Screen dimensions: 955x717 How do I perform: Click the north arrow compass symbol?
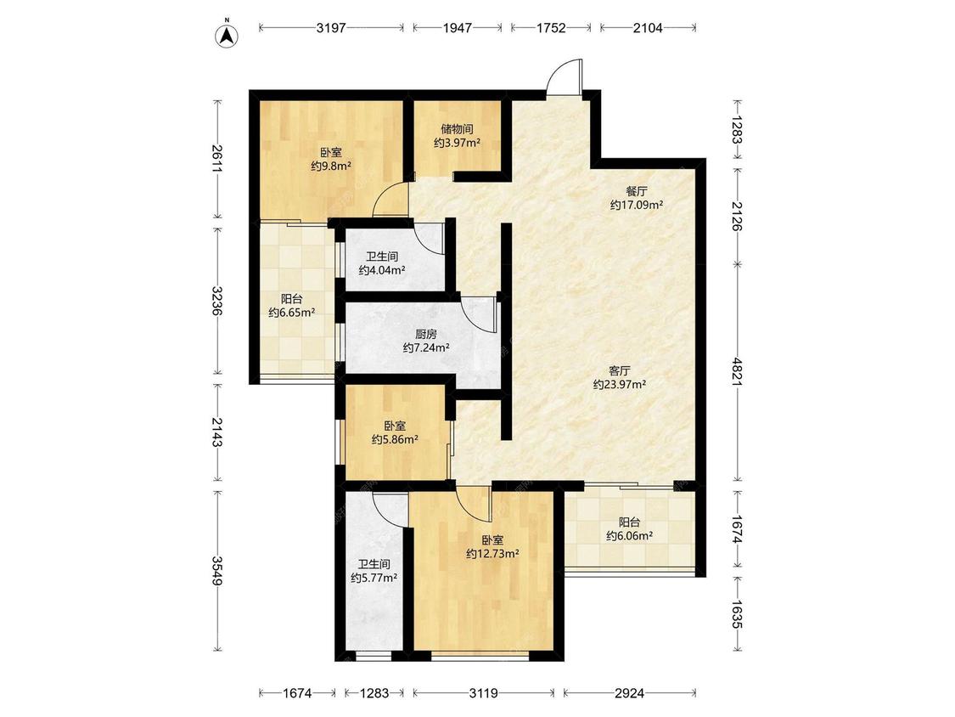click(227, 35)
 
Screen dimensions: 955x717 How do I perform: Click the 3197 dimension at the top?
click(331, 27)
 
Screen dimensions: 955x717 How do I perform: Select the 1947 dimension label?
click(458, 27)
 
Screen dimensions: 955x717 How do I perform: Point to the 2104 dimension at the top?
click(648, 27)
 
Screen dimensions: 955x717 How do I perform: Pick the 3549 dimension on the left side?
click(217, 571)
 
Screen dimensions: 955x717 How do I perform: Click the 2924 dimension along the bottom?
click(629, 693)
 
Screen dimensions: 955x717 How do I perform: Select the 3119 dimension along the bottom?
click(484, 693)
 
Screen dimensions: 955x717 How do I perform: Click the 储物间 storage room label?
click(458, 129)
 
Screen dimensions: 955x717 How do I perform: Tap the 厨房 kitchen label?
click(426, 334)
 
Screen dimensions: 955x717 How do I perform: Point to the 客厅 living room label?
click(620, 370)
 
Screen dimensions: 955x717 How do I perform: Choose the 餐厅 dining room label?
click(637, 191)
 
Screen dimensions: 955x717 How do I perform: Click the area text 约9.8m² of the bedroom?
click(331, 166)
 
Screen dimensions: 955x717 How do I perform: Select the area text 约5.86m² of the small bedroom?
click(395, 439)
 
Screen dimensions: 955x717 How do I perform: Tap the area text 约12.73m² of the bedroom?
click(492, 554)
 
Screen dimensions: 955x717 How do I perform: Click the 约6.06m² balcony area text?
click(630, 536)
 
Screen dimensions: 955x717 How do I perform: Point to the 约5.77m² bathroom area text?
click(374, 578)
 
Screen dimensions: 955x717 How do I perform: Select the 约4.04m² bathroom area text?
click(382, 270)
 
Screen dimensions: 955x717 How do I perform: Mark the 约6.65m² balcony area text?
click(292, 313)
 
